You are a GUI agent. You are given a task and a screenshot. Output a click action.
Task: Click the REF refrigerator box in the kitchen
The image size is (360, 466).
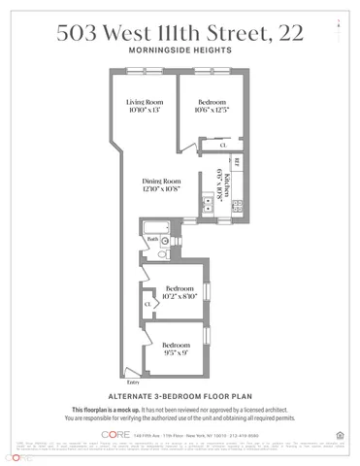pyautogui.click(x=236, y=159)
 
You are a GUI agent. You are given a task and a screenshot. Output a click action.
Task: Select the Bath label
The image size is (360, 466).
pyautogui.click(x=151, y=239)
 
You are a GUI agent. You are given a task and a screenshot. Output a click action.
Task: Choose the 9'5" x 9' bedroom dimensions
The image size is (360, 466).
pyautogui.click(x=176, y=354)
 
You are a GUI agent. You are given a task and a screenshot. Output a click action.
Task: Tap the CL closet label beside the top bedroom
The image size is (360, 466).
pyautogui.click(x=222, y=145)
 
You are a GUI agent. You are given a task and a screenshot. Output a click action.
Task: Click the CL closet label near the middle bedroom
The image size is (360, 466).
pyautogui.click(x=147, y=304)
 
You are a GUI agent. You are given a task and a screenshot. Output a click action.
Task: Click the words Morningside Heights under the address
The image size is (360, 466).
pyautogui.click(x=180, y=50)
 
